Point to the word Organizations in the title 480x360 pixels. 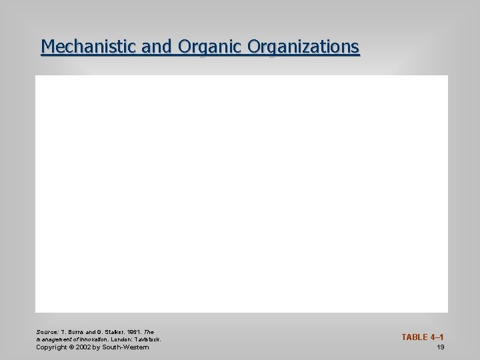point(303,47)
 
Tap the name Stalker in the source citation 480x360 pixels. point(111,331)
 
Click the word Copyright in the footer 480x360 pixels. point(51,347)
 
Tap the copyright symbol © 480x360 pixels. point(70,347)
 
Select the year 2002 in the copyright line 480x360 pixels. point(82,347)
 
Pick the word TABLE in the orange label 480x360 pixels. point(414,337)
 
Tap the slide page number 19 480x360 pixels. point(441,347)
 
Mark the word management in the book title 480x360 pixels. point(52,339)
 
